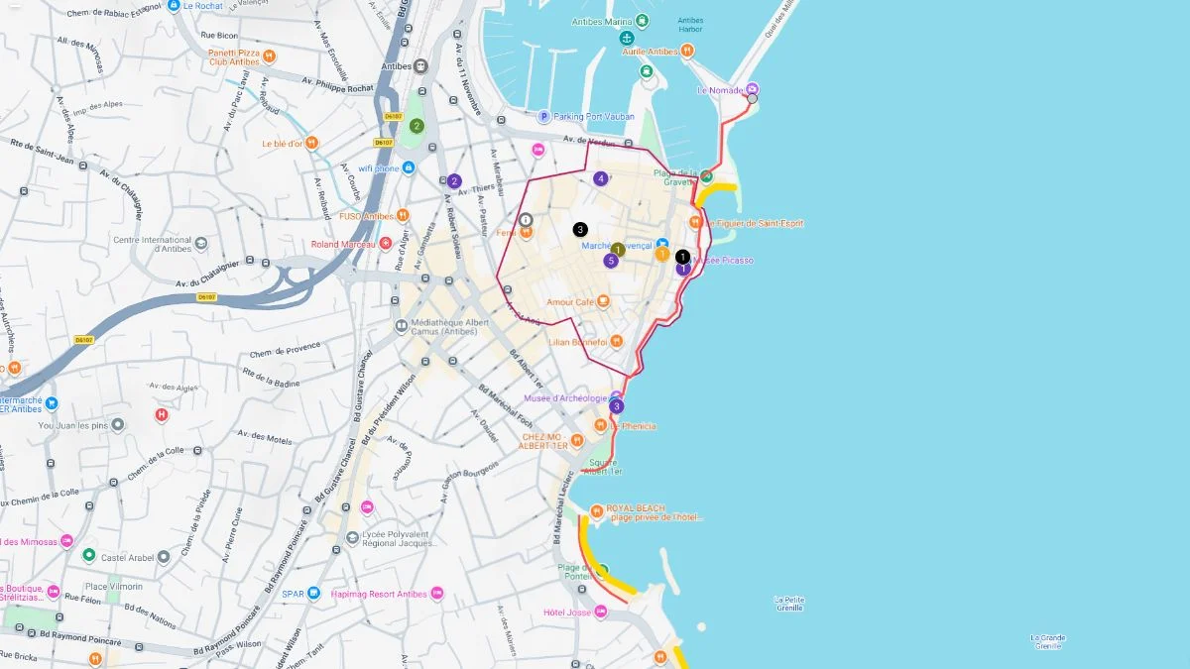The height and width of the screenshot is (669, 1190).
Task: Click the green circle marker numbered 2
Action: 416,126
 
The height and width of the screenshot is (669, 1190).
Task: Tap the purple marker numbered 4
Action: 600,179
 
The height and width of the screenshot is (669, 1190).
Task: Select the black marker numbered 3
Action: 580,229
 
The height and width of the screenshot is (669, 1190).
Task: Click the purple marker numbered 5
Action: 611,261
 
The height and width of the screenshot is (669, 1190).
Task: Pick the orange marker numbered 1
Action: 661,254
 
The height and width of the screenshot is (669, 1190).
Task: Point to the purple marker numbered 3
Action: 617,406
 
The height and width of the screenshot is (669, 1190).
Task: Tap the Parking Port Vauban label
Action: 593,117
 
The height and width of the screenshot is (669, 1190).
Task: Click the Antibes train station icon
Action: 420,66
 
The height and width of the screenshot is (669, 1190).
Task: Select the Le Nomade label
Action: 720,90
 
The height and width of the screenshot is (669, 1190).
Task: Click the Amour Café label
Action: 570,301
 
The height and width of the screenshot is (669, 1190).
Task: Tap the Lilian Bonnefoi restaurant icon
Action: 616,341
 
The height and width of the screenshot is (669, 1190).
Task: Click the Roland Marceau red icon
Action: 386,244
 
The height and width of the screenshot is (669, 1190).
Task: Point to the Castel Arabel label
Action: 127,558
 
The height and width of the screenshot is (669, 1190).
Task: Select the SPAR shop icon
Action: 313,594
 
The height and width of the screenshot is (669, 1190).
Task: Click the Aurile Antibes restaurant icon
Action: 687,52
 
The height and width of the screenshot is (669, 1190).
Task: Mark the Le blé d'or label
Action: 282,143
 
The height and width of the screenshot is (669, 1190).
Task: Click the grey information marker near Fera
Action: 526,219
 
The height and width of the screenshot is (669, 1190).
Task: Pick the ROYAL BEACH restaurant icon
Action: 596,511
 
